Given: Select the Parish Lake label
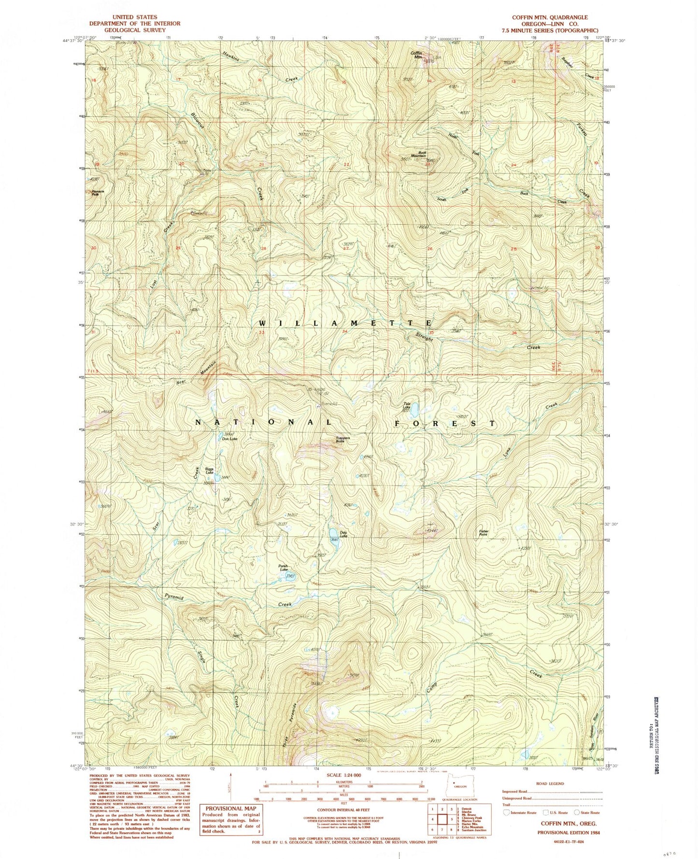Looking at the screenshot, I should [x=283, y=568].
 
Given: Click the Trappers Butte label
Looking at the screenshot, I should [x=342, y=440].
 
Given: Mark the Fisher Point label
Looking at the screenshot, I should [x=484, y=533].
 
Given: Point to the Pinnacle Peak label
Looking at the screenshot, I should [x=95, y=192].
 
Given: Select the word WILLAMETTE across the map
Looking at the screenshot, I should [x=345, y=323].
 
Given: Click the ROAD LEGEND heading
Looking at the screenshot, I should [x=550, y=784].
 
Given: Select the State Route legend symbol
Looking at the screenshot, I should [x=576, y=813].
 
